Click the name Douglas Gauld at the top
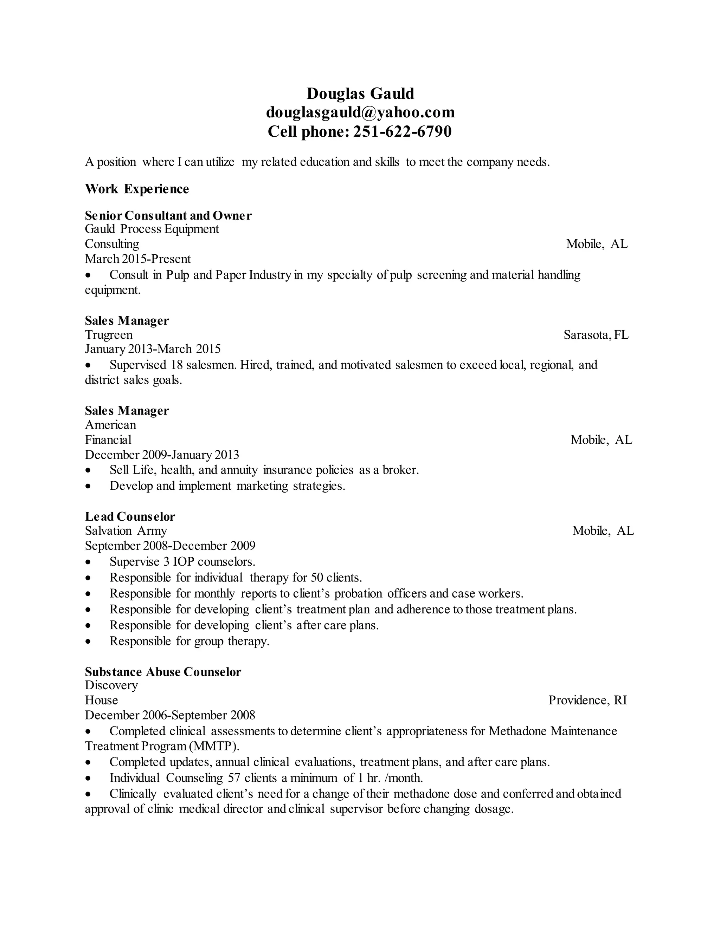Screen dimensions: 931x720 (360, 93)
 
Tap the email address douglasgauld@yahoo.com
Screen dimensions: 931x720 (360, 112)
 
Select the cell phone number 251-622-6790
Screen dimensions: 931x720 (402, 131)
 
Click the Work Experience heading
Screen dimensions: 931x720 (136, 189)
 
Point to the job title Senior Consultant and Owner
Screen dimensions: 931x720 (168, 215)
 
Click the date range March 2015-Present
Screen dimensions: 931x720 (138, 259)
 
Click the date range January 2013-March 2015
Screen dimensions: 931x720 (153, 349)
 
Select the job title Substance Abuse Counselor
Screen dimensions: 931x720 (163, 672)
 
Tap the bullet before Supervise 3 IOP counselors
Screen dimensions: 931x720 (88, 562)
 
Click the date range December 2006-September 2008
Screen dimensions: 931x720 (170, 715)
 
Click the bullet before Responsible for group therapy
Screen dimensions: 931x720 (88, 642)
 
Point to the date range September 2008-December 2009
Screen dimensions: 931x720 (170, 546)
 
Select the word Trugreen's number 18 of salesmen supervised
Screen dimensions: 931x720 (176, 365)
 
